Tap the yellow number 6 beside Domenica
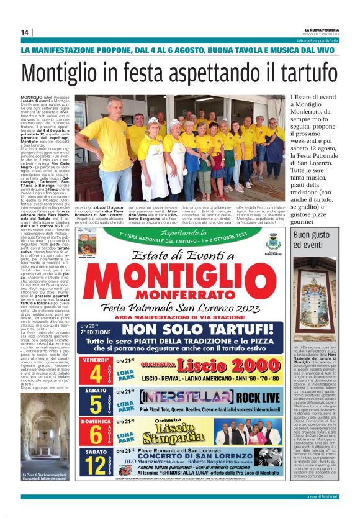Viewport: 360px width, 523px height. [96, 434]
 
